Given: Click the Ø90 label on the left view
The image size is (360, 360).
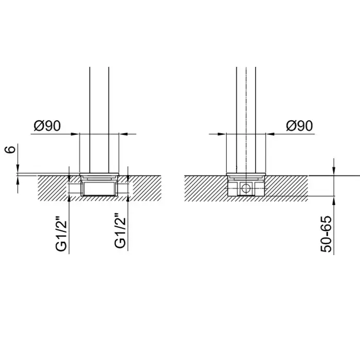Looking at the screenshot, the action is [x=47, y=126].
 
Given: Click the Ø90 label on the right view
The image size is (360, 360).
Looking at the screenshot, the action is [x=299, y=126].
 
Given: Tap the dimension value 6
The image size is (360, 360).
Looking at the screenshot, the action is [x=10, y=149].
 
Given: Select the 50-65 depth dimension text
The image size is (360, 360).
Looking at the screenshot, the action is [x=326, y=234].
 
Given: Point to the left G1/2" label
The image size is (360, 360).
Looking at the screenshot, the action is [x=61, y=232].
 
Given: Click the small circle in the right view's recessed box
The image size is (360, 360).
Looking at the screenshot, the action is [x=245, y=189].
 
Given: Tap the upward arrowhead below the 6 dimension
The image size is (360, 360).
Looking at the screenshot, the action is [x=18, y=180].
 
